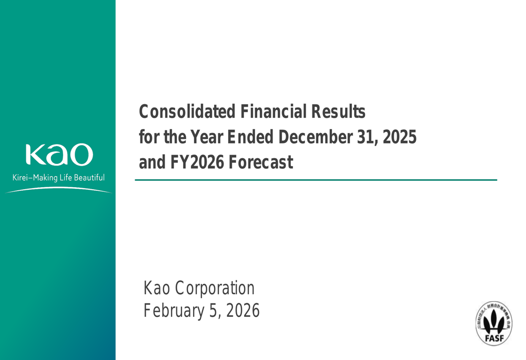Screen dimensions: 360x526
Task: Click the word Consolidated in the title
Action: tap(187, 111)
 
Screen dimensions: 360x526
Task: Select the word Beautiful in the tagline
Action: tap(88, 178)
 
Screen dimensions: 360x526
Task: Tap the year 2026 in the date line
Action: tap(242, 311)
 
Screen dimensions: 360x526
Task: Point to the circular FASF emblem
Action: tap(493, 324)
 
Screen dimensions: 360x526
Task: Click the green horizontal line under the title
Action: tap(316, 180)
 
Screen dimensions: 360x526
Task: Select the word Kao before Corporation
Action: tap(156, 288)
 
